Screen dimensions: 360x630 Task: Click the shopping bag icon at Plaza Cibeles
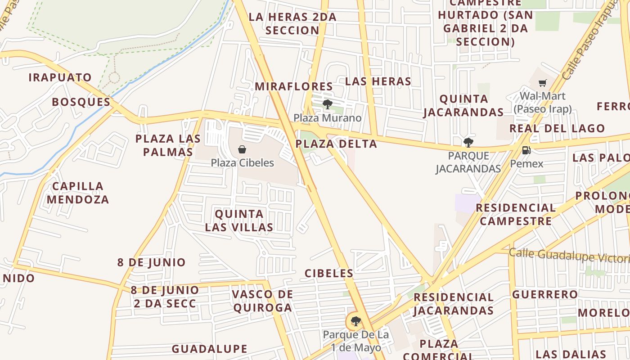pos(242,149)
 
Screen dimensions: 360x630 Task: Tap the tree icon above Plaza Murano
pos(328,104)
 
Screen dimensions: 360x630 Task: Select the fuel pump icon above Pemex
pos(526,150)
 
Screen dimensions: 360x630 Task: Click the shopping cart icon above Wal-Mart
pos(543,83)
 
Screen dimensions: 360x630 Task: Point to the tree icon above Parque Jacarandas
pos(468,143)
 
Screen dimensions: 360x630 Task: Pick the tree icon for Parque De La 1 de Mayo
pos(356,321)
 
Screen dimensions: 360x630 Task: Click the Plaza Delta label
pos(336,144)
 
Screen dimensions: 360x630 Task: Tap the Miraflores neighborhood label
pos(294,86)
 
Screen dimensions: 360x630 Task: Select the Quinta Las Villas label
pos(239,220)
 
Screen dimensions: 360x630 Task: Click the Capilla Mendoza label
pos(78,193)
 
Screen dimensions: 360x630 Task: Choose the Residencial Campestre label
pos(515,214)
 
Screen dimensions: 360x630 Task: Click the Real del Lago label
pos(557,129)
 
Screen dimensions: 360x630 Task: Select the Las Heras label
pos(378,81)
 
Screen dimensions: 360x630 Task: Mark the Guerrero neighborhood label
pos(545,295)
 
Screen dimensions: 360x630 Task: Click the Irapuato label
pos(60,77)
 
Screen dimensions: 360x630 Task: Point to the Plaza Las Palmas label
pos(168,145)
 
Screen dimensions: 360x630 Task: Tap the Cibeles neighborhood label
pos(329,273)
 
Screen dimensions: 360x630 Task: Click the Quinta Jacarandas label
pos(463,105)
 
